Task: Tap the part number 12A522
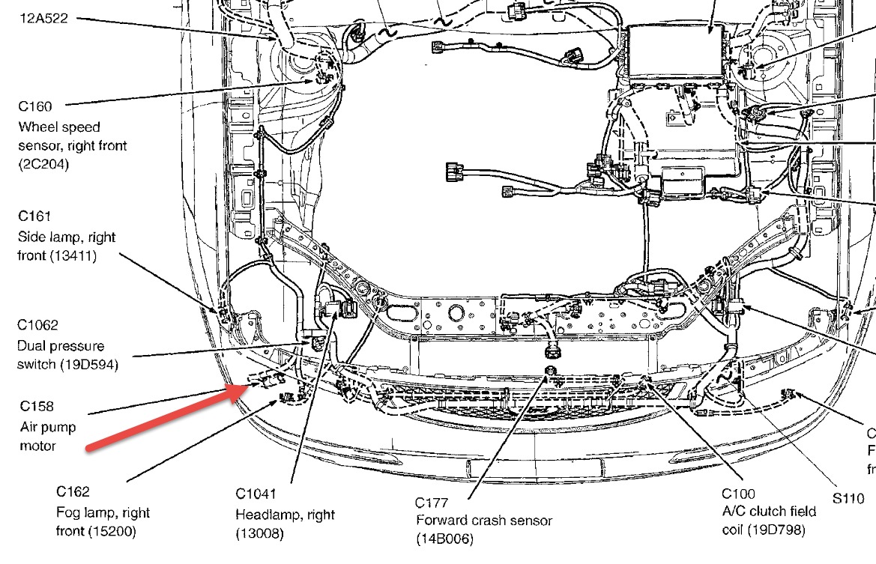click(x=43, y=19)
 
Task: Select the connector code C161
click(x=34, y=216)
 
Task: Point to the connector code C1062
click(x=38, y=325)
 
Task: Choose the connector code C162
click(x=73, y=492)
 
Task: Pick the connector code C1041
click(x=256, y=494)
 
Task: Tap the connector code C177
click(x=431, y=501)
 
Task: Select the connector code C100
click(x=738, y=494)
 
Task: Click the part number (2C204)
click(x=44, y=165)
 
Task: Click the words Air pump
click(x=48, y=427)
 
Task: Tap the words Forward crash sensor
click(x=483, y=521)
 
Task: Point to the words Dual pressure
click(x=60, y=346)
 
